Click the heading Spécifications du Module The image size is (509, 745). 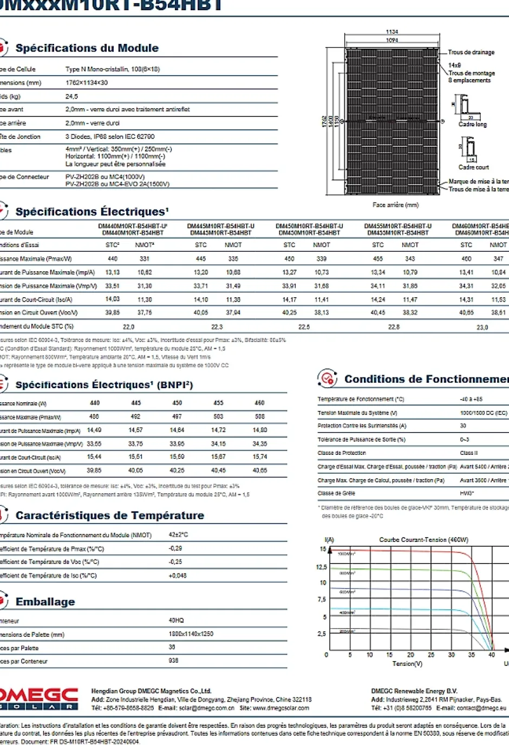[x=87, y=48]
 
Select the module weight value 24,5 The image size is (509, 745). [x=71, y=96]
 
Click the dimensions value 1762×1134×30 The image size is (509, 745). [x=87, y=83]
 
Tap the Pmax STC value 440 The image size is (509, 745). [x=113, y=259]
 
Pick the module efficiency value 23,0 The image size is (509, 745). [x=482, y=327]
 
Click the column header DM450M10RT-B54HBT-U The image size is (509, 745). [x=309, y=226]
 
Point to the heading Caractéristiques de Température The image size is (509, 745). [x=109, y=515]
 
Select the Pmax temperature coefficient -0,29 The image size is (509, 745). [x=175, y=548]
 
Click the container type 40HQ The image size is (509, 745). [x=176, y=620]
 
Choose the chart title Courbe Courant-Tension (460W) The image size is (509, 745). [x=423, y=540]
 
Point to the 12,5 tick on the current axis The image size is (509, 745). [x=322, y=567]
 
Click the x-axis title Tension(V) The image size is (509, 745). [x=407, y=664]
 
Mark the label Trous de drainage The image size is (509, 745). [x=471, y=53]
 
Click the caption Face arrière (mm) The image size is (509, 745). [x=395, y=205]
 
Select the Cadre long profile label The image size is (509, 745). [x=472, y=125]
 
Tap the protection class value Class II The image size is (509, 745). [x=468, y=453]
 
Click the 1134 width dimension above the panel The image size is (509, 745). [x=392, y=32]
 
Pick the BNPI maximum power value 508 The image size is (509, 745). [x=260, y=417]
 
